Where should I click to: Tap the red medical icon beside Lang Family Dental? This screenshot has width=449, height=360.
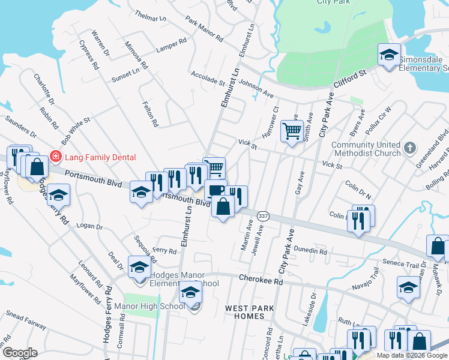(x=56, y=157)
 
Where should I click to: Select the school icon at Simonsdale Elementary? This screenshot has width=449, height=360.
(x=389, y=56)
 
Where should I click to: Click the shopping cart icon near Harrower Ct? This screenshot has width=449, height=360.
(x=292, y=130)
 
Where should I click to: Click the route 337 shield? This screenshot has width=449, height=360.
(x=262, y=215)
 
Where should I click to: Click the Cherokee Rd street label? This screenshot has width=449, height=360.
(x=261, y=280)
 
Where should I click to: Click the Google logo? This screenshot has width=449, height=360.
(x=19, y=353)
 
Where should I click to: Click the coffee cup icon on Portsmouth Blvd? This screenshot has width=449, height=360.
(x=215, y=190)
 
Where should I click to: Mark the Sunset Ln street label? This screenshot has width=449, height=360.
(x=125, y=76)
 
